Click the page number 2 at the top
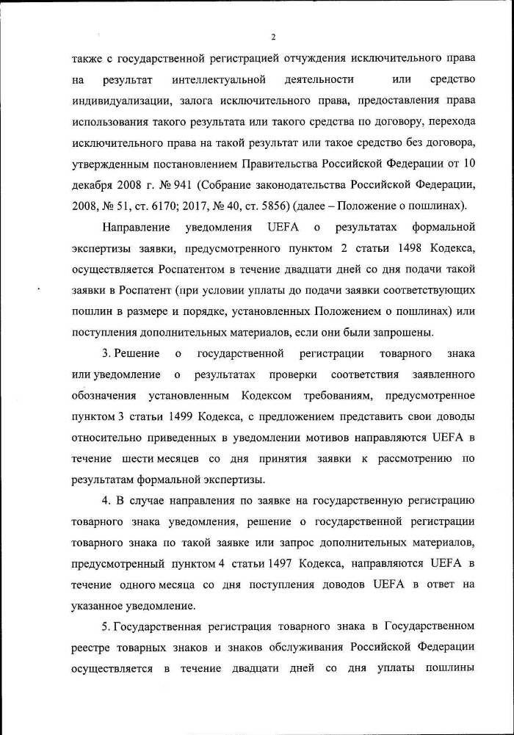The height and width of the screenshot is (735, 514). [273, 37]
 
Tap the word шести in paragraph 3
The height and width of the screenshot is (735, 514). [135, 460]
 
